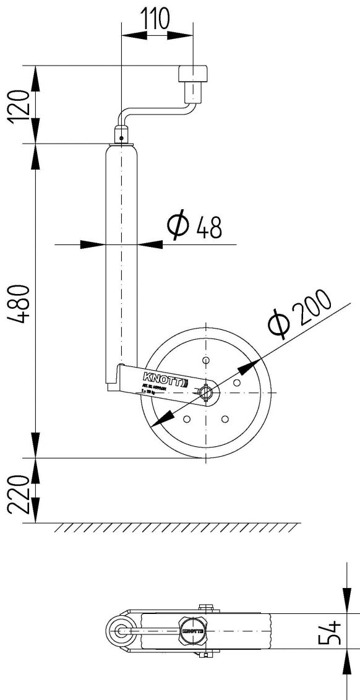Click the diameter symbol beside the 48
(x=178, y=227)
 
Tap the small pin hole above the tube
(x=122, y=139)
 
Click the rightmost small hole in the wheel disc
(x=236, y=384)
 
